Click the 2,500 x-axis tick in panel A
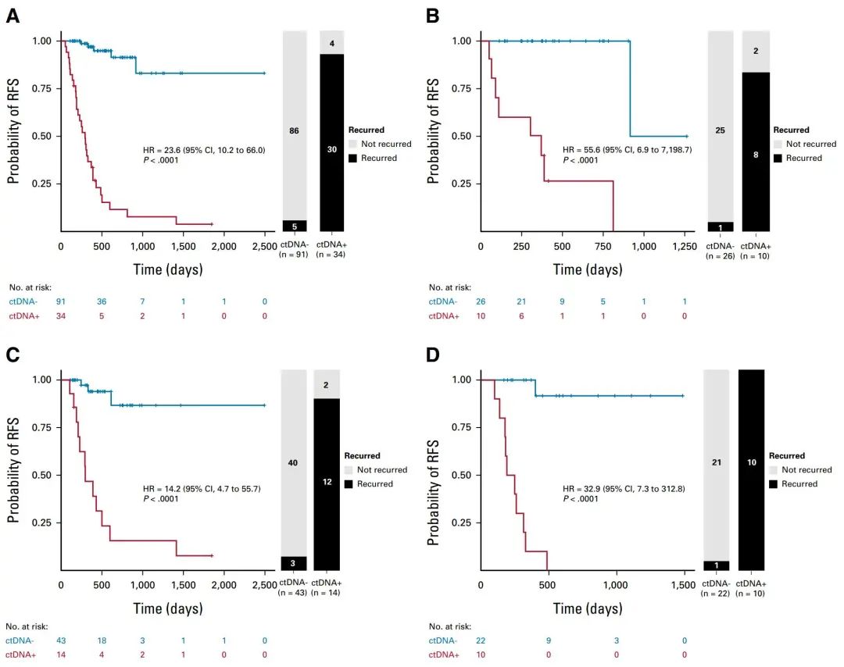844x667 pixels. (x=265, y=247)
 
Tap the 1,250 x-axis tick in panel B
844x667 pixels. (x=685, y=247)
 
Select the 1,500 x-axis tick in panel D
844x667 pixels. (x=684, y=586)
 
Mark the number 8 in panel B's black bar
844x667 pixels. (x=755, y=155)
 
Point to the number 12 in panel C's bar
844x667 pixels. (x=327, y=482)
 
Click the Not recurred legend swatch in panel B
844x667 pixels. (x=778, y=144)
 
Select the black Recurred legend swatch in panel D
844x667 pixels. (x=773, y=483)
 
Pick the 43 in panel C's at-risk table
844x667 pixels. (x=61, y=640)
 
